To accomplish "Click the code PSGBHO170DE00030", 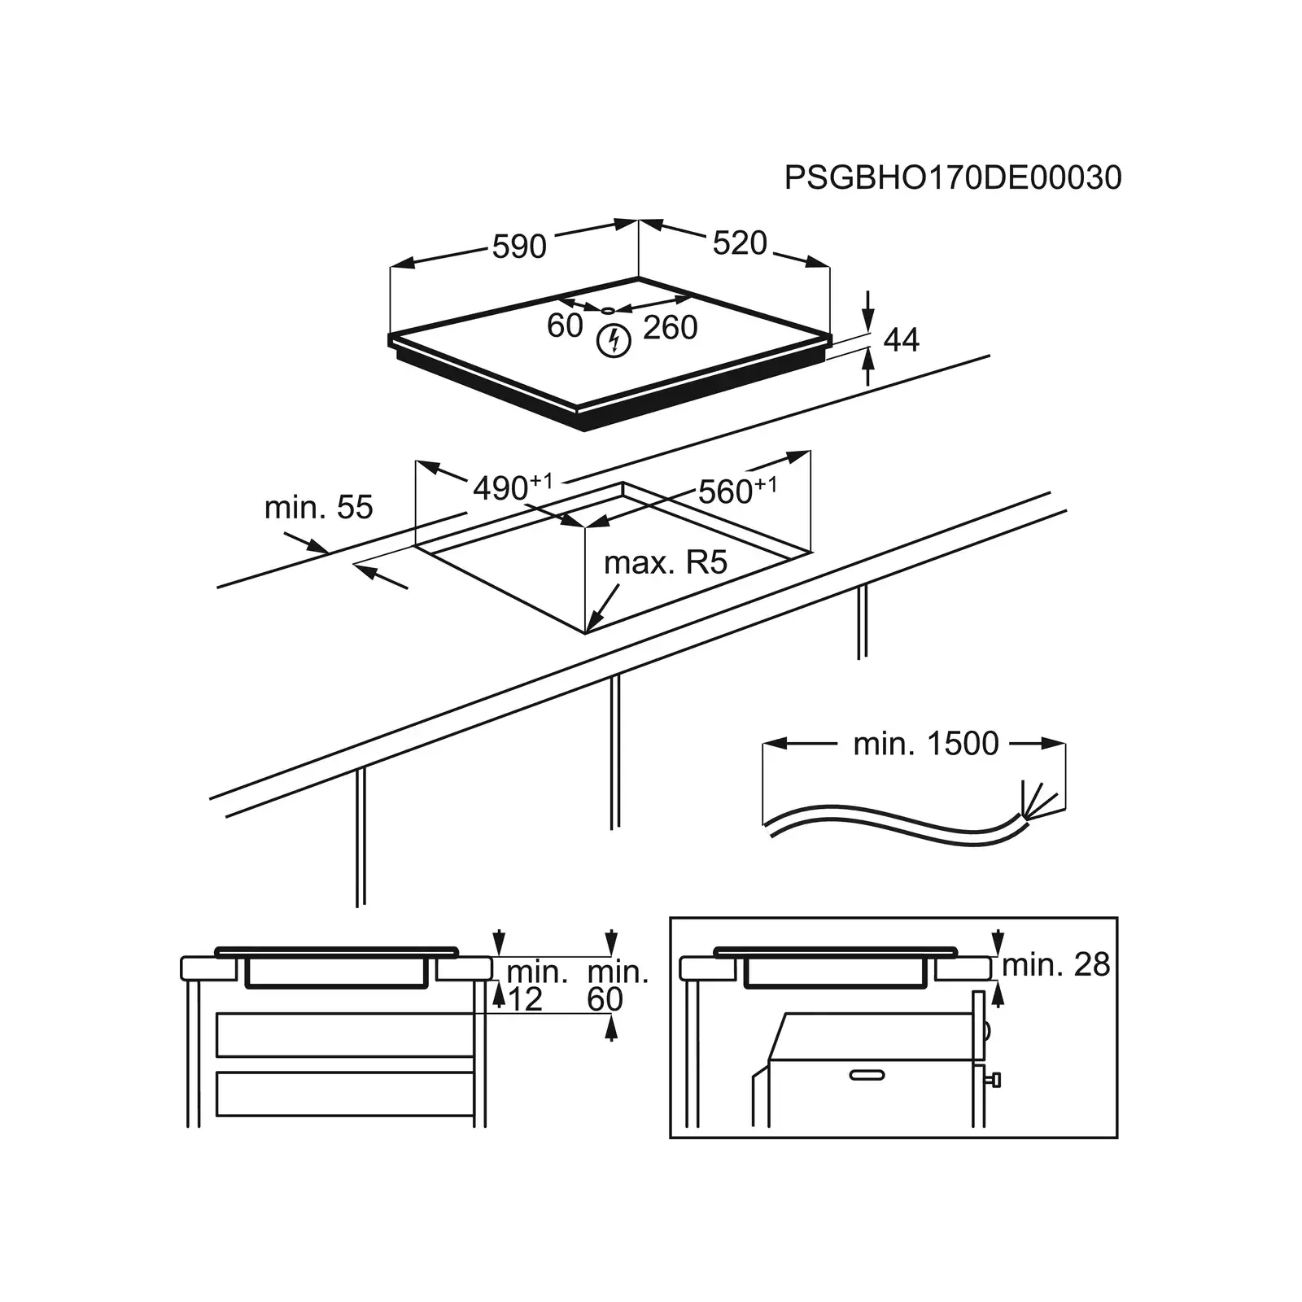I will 952,177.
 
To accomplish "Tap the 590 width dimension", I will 519,246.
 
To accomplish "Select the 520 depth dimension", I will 740,242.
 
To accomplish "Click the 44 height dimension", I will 901,340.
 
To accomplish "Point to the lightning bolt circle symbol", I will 614,340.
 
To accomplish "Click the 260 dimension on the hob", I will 671,327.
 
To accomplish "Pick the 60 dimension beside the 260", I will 564,325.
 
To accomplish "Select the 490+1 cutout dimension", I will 512,487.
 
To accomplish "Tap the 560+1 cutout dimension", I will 736,491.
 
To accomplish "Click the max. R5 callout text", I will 665,562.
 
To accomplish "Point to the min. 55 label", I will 318,507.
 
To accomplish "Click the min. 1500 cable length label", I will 925,743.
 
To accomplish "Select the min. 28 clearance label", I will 1055,964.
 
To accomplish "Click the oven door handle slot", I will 866,1075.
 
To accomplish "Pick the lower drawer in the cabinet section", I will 345,1094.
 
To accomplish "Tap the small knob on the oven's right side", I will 994,1080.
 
